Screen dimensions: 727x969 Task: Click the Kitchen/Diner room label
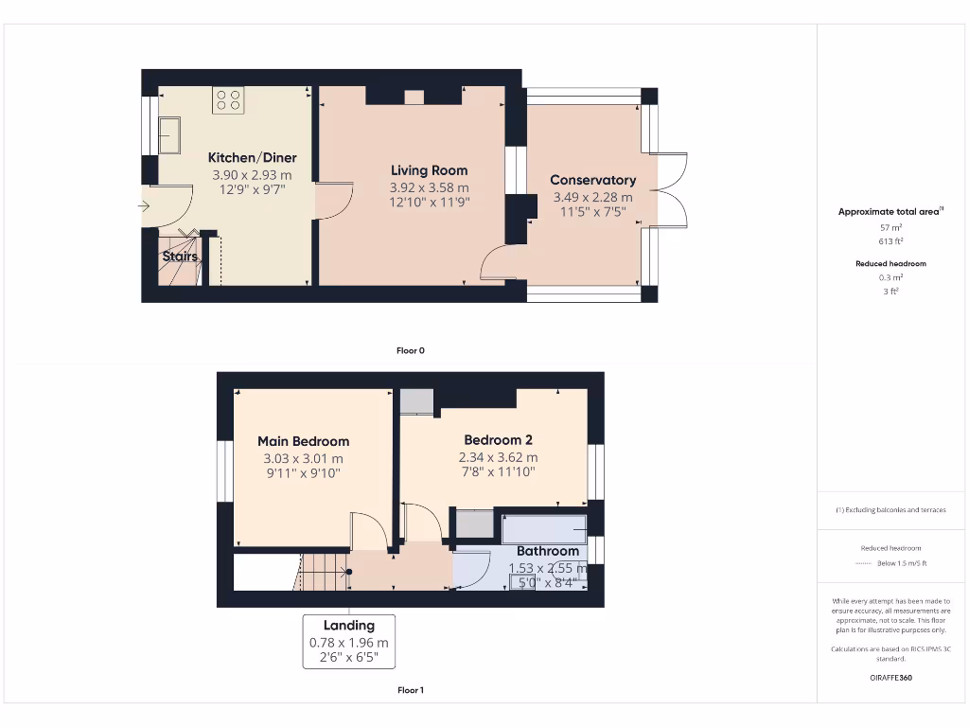coord(252,158)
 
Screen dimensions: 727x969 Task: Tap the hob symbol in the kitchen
coord(227,100)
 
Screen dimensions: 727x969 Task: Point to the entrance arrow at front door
coord(144,205)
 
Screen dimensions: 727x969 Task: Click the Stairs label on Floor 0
coord(180,257)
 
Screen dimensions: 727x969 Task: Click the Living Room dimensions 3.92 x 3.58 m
coord(429,187)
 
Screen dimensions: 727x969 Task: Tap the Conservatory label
coord(592,180)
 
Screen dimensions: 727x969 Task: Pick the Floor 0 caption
coord(410,350)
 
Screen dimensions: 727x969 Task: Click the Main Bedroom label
coord(303,441)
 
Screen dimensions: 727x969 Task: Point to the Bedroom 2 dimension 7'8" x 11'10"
coord(498,471)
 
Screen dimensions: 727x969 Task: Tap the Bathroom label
coord(547,551)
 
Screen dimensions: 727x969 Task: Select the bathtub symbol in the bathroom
coord(543,528)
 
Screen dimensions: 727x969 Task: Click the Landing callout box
coord(348,641)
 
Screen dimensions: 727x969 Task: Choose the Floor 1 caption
coord(410,690)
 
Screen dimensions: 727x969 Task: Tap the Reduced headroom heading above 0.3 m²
coord(890,263)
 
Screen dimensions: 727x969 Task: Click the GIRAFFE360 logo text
coord(890,678)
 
